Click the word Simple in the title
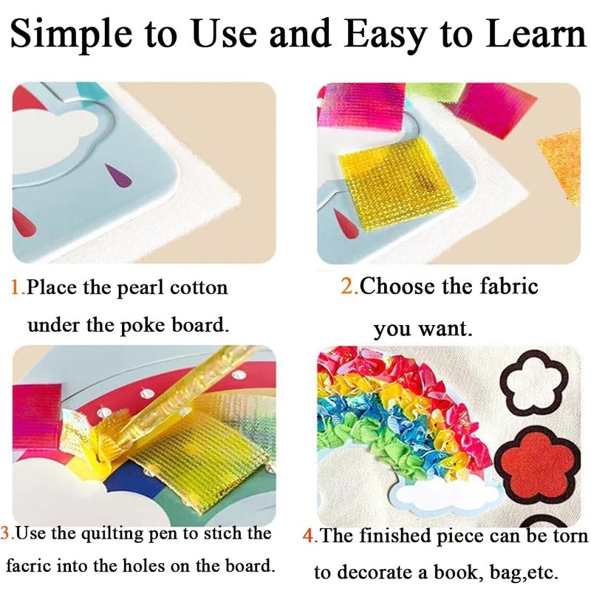pyautogui.click(x=71, y=35)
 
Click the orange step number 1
pyautogui.click(x=16, y=287)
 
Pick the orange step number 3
pyautogui.click(x=6, y=533)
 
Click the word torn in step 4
pyautogui.click(x=570, y=536)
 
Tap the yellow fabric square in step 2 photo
pyautogui.click(x=398, y=183)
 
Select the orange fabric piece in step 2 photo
pyautogui.click(x=561, y=163)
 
